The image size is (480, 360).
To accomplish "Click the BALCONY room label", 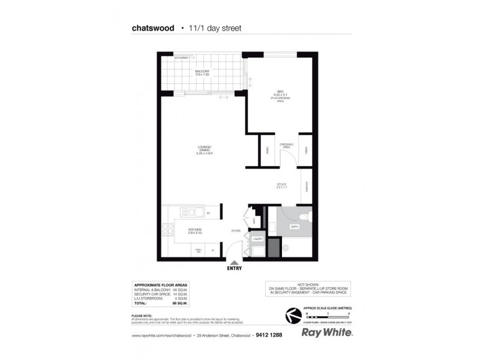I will [202, 72].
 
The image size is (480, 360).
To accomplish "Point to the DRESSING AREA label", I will [286, 146].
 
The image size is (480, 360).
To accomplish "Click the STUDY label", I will [282, 185].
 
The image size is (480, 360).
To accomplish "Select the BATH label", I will [295, 227].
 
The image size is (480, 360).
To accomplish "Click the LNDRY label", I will [258, 239].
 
